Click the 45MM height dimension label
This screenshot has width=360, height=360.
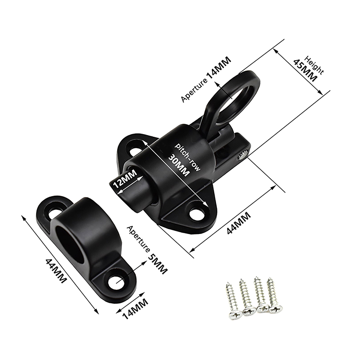coord(305,71)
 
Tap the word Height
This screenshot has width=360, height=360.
coord(314,65)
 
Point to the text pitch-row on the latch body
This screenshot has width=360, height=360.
coord(188,157)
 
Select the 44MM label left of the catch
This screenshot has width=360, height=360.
coord(56,271)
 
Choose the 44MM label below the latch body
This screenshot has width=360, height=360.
coord(239,223)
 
